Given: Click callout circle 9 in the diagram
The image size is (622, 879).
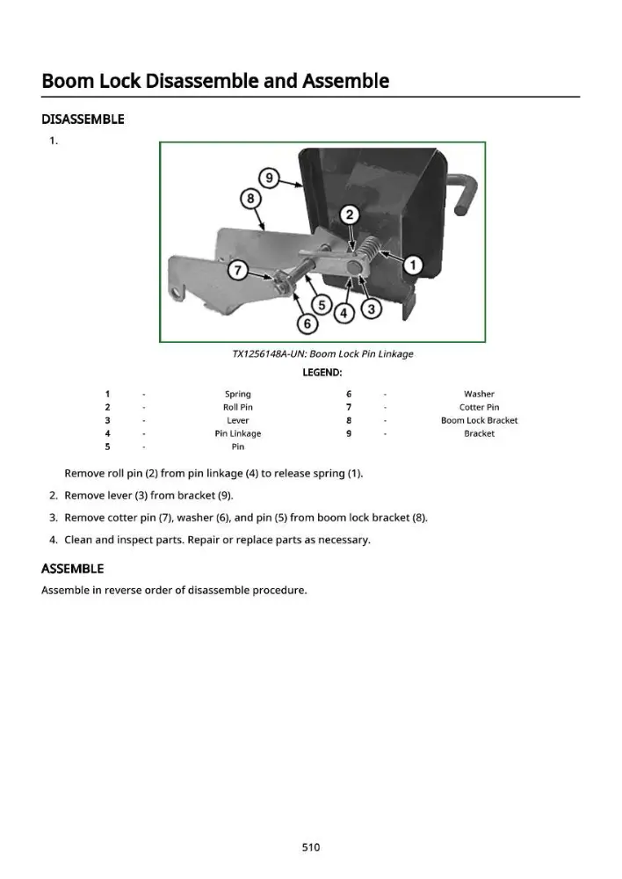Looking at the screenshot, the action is (x=269, y=178).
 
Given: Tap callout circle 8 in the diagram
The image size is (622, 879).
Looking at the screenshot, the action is (x=250, y=199).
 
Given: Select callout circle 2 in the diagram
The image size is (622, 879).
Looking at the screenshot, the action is (x=350, y=214).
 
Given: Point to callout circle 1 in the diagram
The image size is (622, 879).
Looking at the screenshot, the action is (x=413, y=265).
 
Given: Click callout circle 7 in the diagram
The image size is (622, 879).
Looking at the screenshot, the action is (x=237, y=271).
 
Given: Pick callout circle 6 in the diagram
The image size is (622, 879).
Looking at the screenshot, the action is (x=307, y=323).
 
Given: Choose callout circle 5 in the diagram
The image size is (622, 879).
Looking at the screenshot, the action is (x=322, y=305).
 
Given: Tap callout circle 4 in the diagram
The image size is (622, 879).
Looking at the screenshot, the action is (x=344, y=314).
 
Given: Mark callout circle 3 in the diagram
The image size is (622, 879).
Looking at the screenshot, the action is (x=371, y=308).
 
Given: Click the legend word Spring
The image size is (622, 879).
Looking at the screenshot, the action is (x=237, y=394).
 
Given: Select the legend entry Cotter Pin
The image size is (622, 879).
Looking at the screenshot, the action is (x=479, y=408).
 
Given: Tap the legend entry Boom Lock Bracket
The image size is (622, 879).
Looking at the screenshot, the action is (x=479, y=420).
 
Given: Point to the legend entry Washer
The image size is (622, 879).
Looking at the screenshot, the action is (x=479, y=394).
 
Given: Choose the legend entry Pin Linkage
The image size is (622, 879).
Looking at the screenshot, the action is (x=237, y=434).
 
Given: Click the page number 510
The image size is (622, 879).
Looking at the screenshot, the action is (x=311, y=847).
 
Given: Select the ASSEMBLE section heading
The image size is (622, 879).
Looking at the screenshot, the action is (x=73, y=569).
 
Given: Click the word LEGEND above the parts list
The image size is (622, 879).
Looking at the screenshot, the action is (x=322, y=373).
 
